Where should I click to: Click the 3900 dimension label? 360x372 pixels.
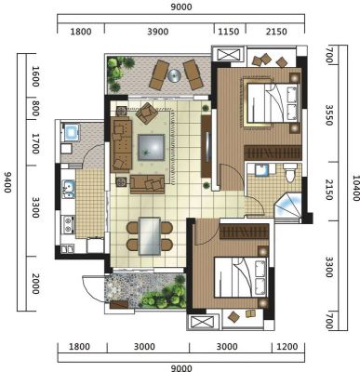(158, 32)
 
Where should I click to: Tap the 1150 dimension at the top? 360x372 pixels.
(229, 32)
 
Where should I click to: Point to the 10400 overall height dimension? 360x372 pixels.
(355, 188)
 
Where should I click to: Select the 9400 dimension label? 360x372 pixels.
(7, 182)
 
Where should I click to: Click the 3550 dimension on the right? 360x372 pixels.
(328, 115)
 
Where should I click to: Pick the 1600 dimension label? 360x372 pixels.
(35, 76)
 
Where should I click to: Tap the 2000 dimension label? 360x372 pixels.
(35, 284)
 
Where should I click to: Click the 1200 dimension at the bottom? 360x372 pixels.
(287, 346)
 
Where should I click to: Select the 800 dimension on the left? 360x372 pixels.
(35, 108)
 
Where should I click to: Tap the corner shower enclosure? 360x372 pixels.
(288, 206)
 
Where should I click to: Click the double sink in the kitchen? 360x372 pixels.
(68, 189)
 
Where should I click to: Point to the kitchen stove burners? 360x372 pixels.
(68, 225)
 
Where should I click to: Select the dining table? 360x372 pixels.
(150, 236)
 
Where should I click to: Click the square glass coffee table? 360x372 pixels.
(151, 147)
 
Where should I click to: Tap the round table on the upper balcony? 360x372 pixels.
(174, 75)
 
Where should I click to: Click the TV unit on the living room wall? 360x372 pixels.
(207, 146)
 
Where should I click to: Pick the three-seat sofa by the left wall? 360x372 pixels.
(121, 144)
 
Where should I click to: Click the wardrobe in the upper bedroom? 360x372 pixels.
(273, 153)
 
